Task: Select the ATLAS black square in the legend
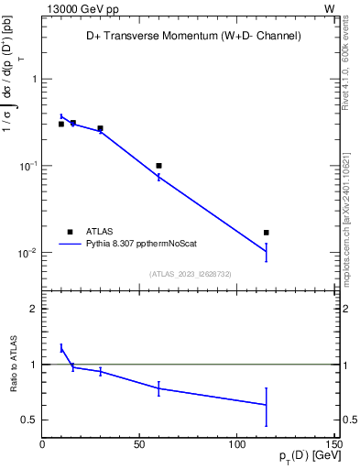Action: (x=69, y=232)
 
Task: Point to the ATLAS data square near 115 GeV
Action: (x=267, y=233)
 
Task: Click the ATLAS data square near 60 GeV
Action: (x=158, y=166)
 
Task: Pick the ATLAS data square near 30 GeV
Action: (x=100, y=128)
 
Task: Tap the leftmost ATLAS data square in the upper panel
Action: (x=61, y=124)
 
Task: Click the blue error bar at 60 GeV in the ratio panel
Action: (x=158, y=388)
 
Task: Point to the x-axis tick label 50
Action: (x=139, y=444)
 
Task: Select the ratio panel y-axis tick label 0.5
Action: (x=27, y=420)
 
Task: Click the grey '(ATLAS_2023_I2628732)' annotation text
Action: (x=190, y=273)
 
